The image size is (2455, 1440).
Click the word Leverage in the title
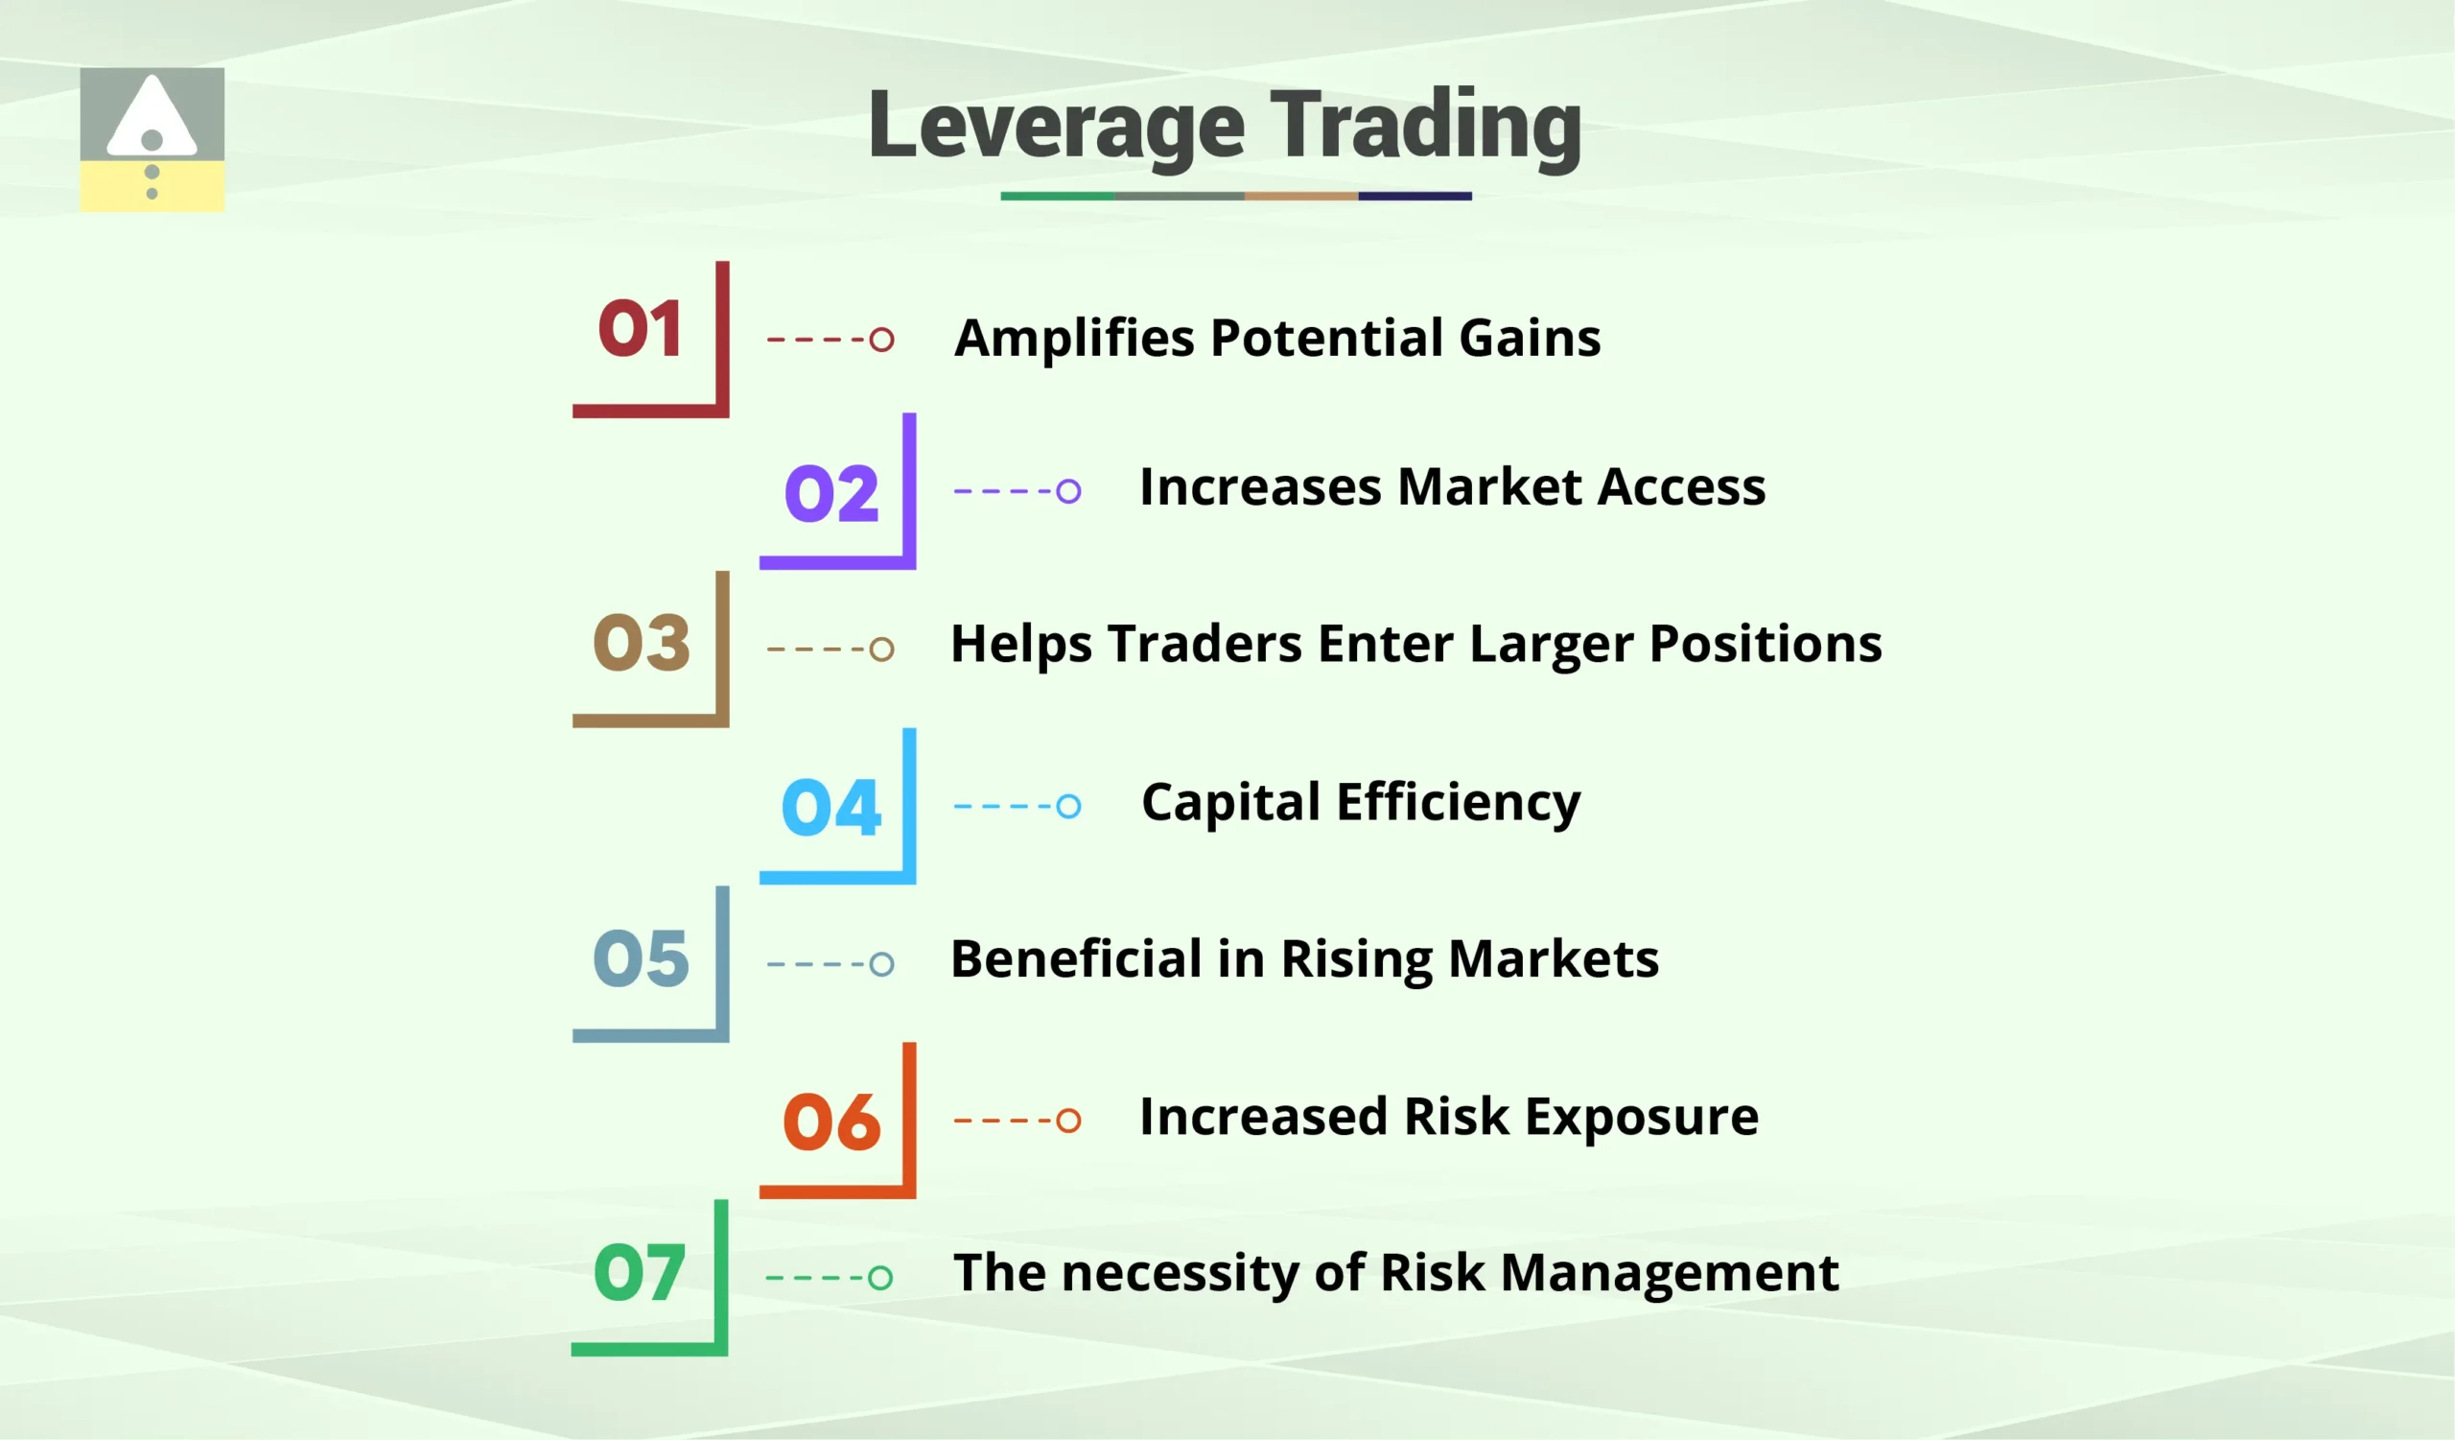(x=1056, y=127)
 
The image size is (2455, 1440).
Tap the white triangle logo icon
(x=152, y=117)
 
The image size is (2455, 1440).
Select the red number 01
(x=639, y=329)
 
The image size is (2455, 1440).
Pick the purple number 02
(x=831, y=493)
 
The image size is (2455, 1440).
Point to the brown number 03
(x=641, y=643)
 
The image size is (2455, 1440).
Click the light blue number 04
(x=831, y=808)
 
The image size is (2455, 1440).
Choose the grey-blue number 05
(x=641, y=958)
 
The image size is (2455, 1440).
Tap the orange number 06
(x=831, y=1122)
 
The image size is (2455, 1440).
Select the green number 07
(x=639, y=1272)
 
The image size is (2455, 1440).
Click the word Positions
(x=1765, y=645)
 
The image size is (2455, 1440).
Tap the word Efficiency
(x=1458, y=805)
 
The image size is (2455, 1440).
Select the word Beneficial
(x=1076, y=959)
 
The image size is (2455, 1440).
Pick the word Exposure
(x=1642, y=1118)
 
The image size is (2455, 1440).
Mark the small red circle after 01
(x=881, y=340)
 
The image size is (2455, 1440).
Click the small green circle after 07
(x=879, y=1277)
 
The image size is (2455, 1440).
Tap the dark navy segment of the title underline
(x=1415, y=196)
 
